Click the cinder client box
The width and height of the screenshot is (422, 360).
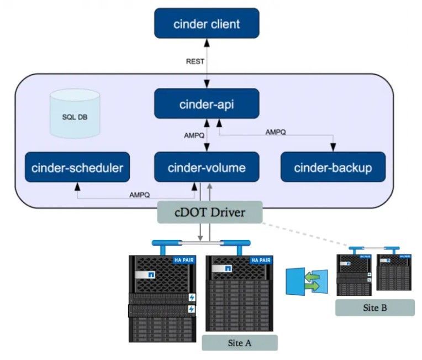tap(207, 23)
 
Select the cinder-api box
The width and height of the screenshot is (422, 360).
tap(207, 103)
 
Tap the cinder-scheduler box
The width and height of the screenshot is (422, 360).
tap(77, 167)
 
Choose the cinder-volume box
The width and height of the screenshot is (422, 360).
tap(207, 167)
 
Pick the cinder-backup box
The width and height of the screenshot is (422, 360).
tap(333, 167)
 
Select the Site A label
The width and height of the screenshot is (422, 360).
tap(239, 342)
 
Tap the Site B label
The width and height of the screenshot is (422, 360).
tap(374, 307)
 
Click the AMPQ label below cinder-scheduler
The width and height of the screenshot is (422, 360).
tap(139, 195)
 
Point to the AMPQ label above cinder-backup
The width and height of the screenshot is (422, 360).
tap(275, 132)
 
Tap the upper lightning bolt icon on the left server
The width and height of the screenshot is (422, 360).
tap(192, 298)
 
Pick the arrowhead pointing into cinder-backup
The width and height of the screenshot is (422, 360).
tap(333, 148)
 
